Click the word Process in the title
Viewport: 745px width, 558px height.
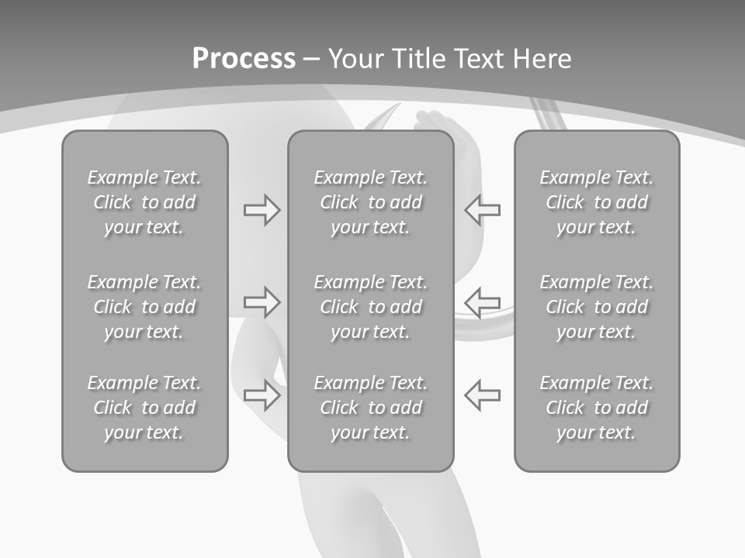(x=244, y=59)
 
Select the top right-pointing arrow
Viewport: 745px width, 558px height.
(x=262, y=210)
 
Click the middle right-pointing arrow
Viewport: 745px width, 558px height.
(x=262, y=301)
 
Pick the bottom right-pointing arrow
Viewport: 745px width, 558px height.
(x=262, y=394)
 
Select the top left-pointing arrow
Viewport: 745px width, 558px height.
(x=483, y=208)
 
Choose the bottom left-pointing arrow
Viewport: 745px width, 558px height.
(x=483, y=394)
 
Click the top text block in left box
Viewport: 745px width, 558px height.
(x=144, y=202)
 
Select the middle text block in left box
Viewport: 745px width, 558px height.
(x=144, y=307)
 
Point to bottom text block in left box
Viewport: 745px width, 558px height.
(x=144, y=408)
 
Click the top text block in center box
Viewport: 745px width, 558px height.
(x=371, y=202)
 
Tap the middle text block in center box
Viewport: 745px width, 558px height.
(x=371, y=307)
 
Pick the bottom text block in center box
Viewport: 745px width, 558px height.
(x=371, y=408)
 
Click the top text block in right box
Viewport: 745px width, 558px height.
(x=597, y=202)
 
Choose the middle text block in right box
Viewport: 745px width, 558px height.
(x=597, y=307)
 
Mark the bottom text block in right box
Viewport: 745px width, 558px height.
(x=597, y=408)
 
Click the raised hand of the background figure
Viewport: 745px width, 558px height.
(x=430, y=120)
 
